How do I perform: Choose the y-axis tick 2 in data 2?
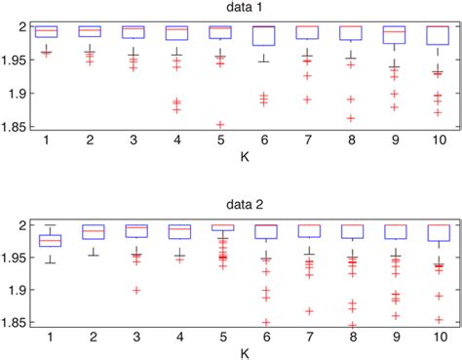25,224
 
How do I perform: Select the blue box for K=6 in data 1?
263,36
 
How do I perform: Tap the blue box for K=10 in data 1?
438,35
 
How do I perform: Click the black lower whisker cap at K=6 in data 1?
263,61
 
